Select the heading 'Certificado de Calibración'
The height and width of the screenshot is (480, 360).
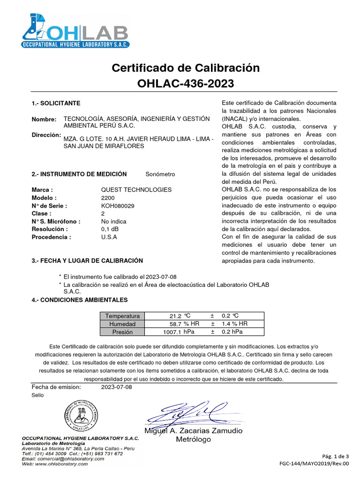point(185,67)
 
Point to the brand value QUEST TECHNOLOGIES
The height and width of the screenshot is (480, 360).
point(136,190)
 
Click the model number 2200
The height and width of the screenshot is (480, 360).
point(108,198)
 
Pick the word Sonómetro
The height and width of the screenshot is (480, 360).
point(160,174)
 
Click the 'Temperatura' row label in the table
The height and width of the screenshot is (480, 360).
point(122,316)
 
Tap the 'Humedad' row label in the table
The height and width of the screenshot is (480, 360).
point(122,324)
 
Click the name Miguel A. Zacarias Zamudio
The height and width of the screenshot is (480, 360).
point(193,431)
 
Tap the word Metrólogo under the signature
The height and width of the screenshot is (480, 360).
point(193,439)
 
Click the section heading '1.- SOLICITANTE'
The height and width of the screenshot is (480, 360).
point(56,103)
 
